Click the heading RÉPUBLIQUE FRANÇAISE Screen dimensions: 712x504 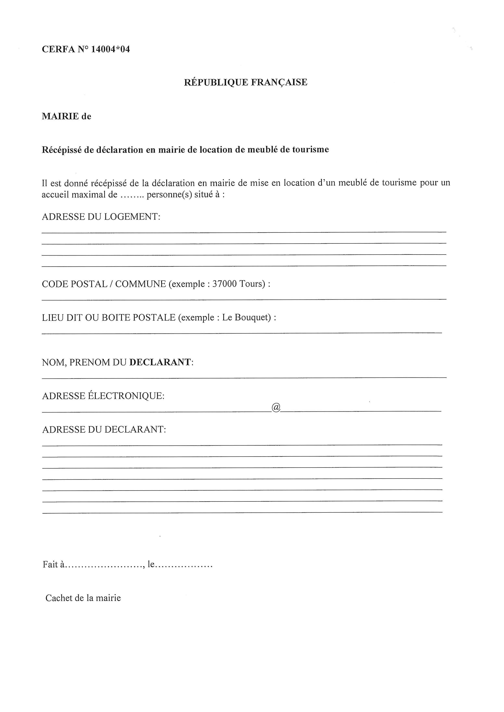coord(245,82)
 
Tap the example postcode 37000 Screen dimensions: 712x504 coord(224,284)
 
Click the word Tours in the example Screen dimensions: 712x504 coord(252,284)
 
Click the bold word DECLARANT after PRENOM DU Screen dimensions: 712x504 coord(160,362)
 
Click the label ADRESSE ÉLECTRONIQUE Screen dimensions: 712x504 coord(103,396)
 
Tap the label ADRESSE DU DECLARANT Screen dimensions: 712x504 coord(104,430)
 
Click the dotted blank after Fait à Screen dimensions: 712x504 coord(104,565)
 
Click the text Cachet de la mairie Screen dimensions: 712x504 coord(83,598)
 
